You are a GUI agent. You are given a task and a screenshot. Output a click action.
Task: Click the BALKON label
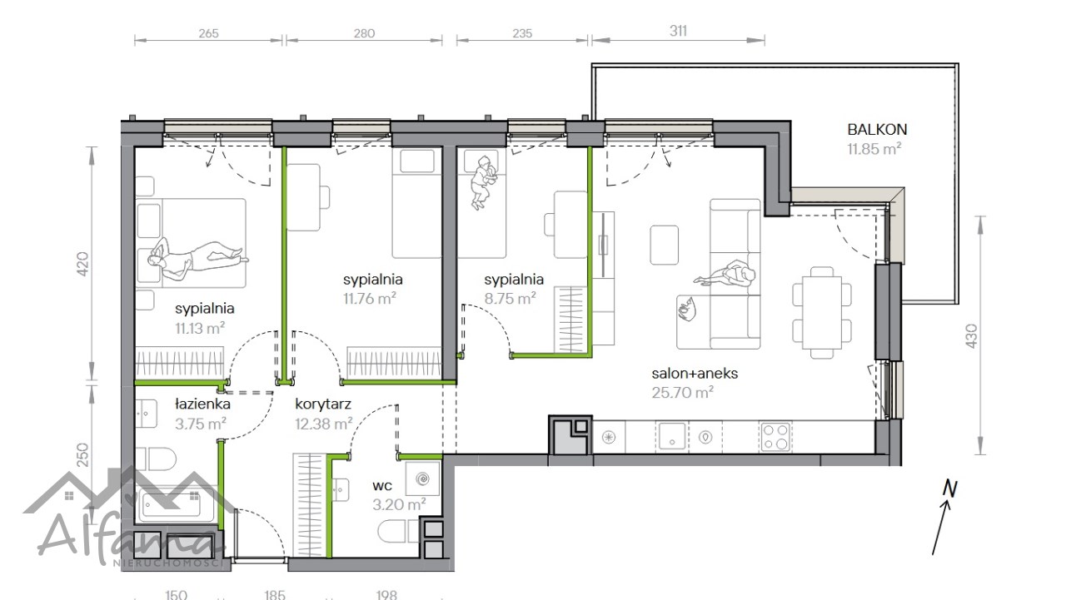877,129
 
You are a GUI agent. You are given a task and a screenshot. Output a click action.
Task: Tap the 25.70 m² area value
682,393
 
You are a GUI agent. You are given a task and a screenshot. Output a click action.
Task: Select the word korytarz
323,404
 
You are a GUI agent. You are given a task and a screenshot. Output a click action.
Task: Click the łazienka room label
202,404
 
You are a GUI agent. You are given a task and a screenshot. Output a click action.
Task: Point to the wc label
382,485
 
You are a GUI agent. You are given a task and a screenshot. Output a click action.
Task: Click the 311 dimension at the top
678,31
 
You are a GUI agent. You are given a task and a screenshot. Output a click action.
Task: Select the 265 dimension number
208,33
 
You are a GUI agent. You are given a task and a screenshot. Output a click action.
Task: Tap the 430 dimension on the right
971,335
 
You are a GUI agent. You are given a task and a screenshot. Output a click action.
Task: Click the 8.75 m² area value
511,299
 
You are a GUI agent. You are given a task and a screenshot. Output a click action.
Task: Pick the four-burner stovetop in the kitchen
775,437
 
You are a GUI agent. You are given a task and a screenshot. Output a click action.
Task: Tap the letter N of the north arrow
950,488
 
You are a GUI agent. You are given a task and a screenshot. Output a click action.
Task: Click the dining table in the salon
822,312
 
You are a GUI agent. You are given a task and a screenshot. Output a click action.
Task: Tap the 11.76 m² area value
369,299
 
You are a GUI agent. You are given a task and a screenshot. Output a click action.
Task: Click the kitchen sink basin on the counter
672,436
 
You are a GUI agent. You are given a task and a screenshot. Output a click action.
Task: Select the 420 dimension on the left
82,264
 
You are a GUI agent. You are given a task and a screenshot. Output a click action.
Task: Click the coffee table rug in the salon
665,245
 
